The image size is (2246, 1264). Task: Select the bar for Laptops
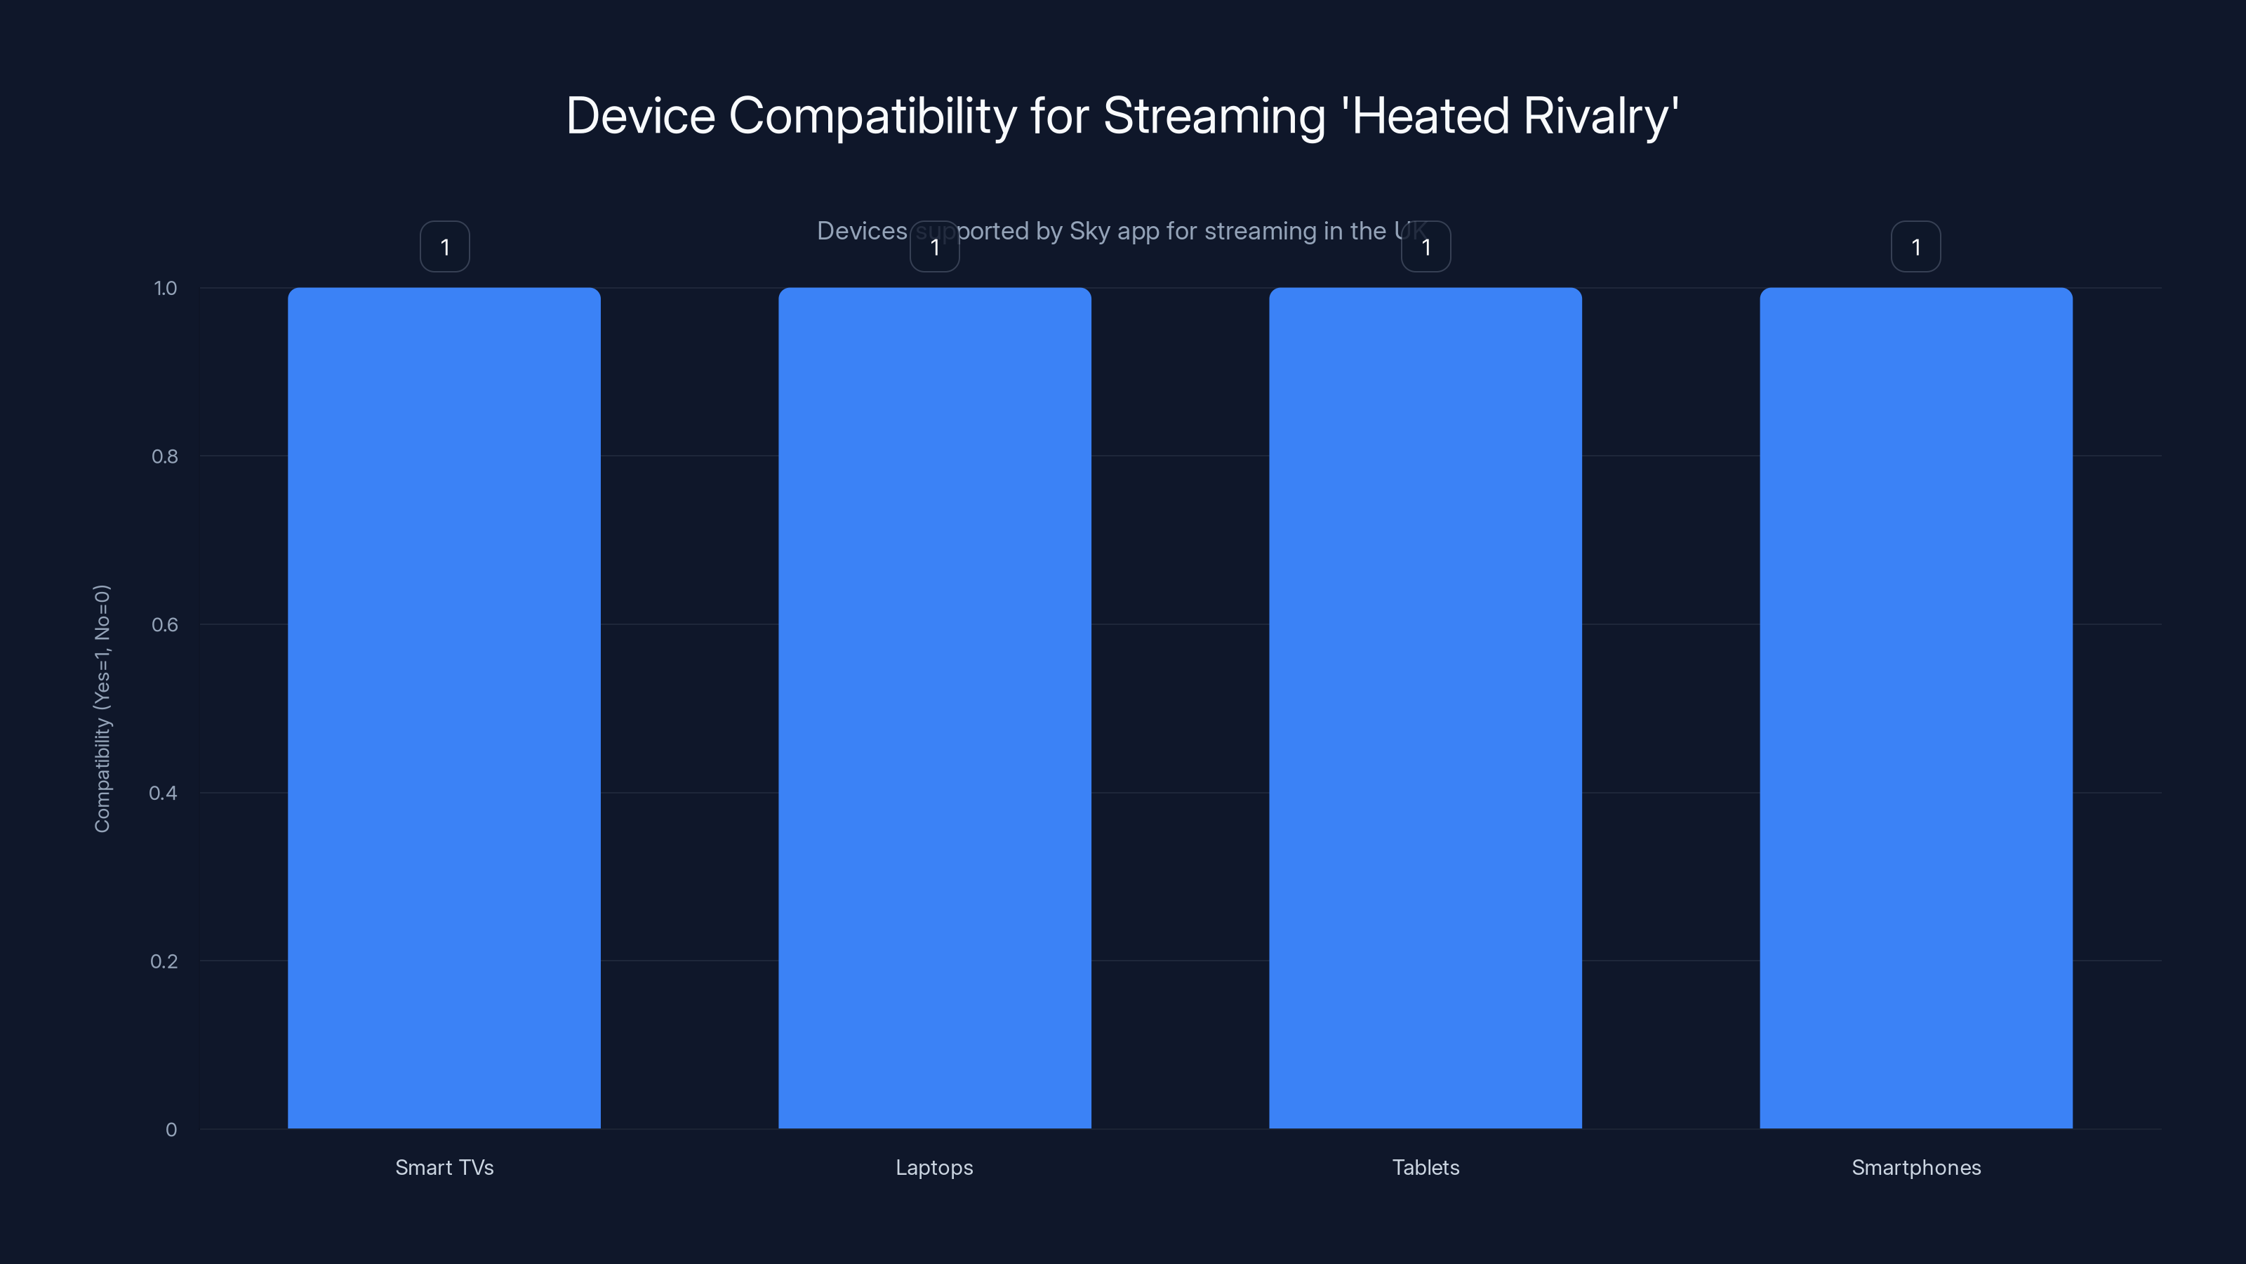point(935,707)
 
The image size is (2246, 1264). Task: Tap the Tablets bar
point(1426,707)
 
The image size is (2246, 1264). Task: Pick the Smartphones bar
point(1915,707)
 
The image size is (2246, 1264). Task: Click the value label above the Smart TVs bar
point(445,247)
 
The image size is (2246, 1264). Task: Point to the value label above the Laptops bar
point(935,247)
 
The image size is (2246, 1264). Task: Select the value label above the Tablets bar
point(1426,247)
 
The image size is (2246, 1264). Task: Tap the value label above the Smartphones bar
point(1915,247)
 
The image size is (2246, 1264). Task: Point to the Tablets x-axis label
point(1426,1167)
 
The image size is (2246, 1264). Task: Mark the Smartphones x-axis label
point(1915,1167)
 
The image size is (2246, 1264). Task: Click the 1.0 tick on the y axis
point(165,288)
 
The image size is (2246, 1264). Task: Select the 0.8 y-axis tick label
point(164,456)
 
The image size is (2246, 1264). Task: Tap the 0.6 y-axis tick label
point(164,624)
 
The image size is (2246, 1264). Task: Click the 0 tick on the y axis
point(171,1130)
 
